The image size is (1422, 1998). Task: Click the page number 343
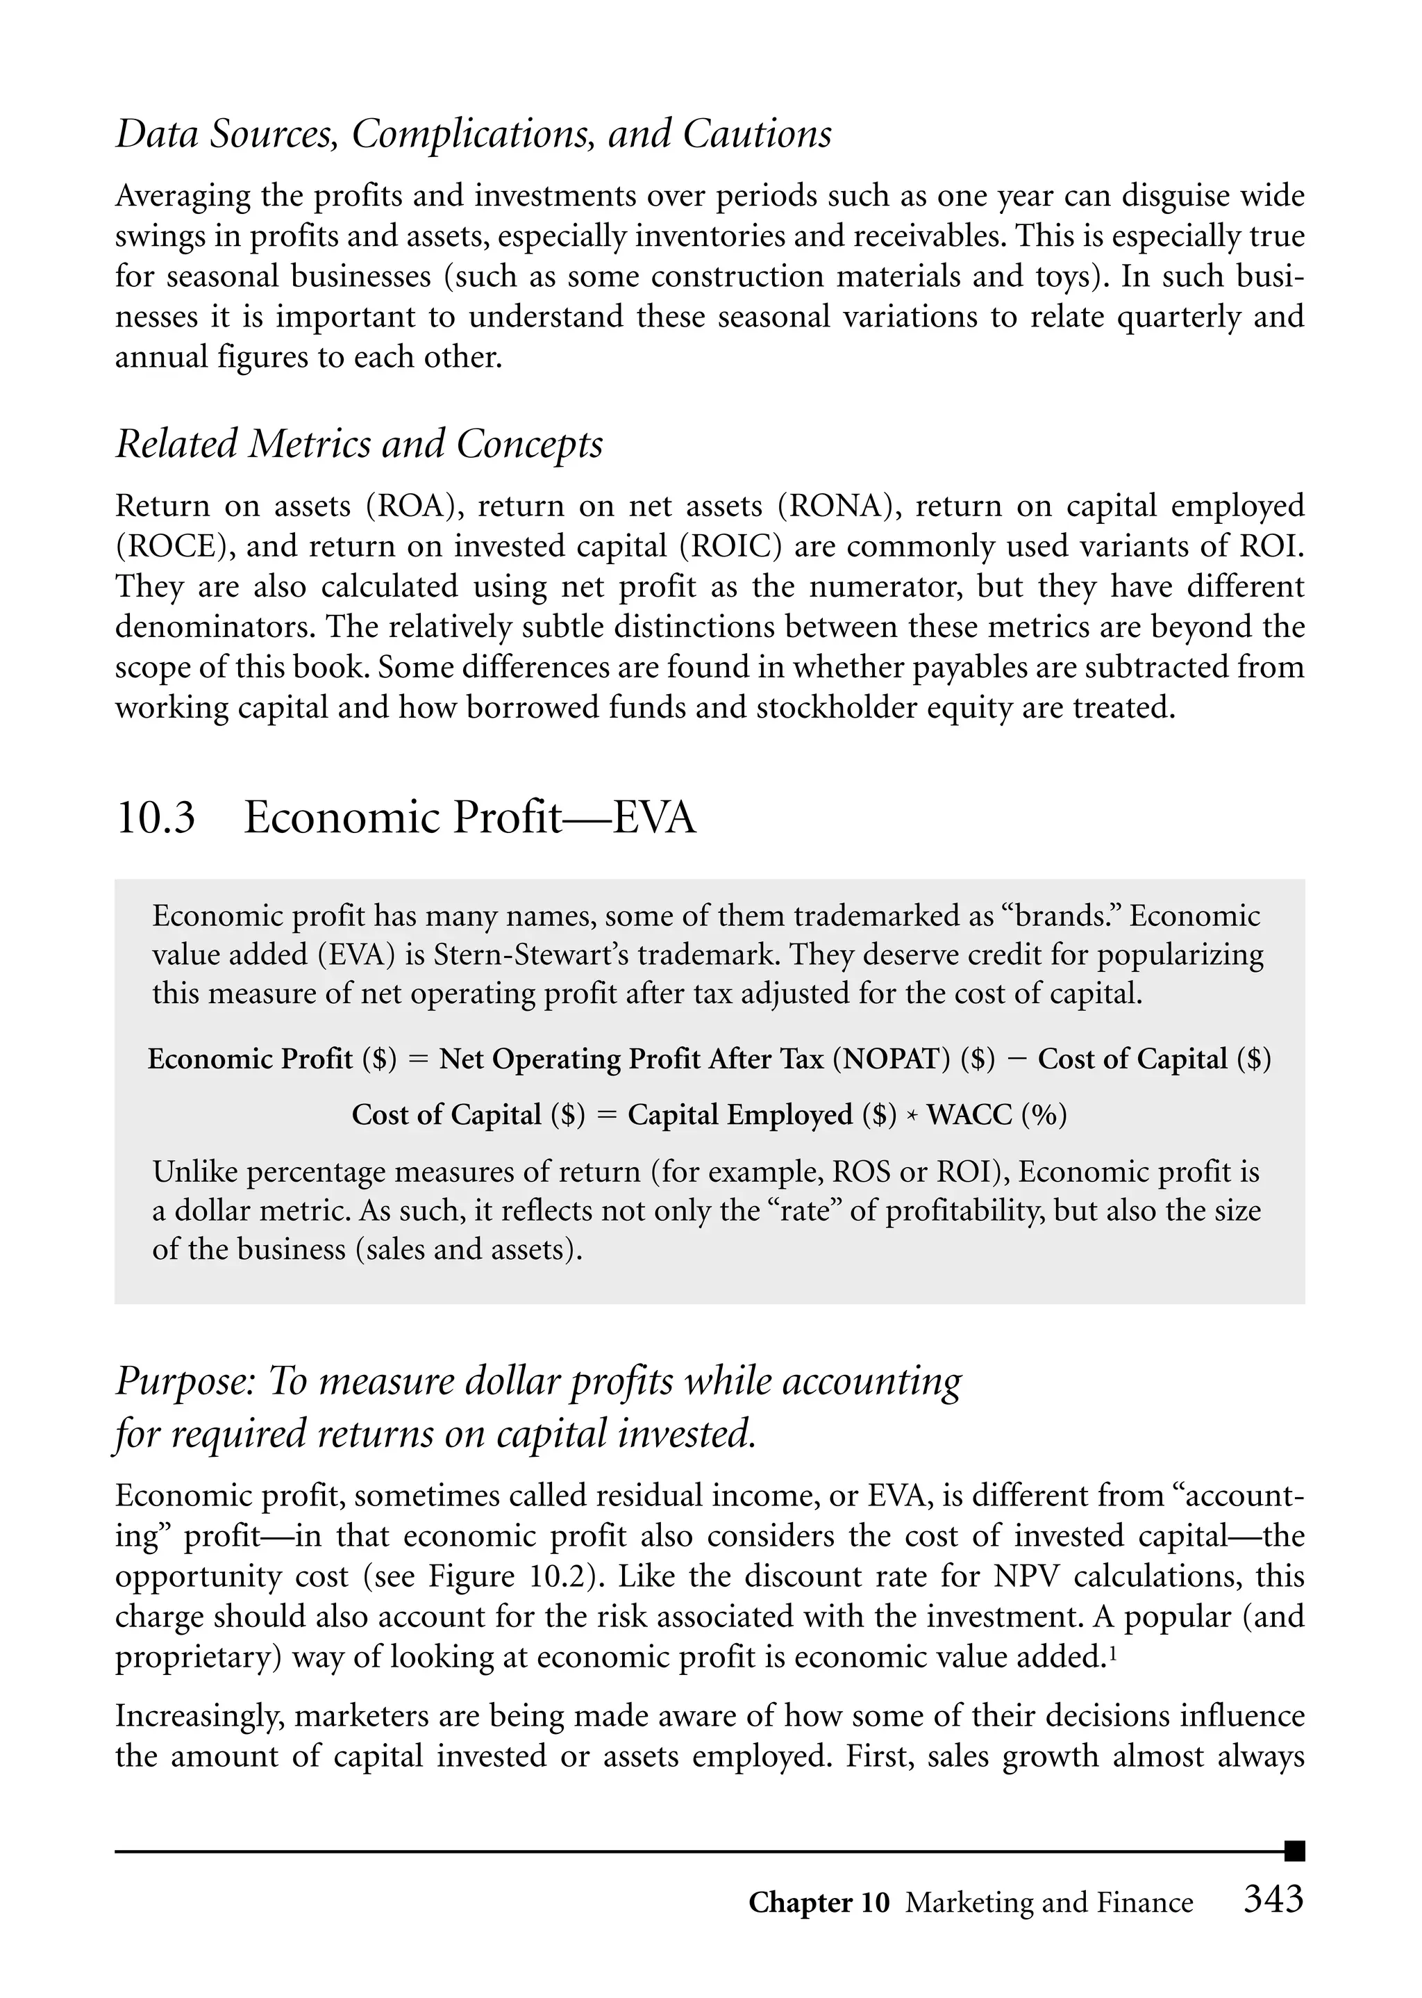1273,1899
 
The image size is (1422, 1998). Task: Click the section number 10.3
155,818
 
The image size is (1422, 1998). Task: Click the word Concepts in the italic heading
530,444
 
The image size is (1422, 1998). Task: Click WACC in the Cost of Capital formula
970,1115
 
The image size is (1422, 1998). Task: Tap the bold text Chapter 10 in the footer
819,1903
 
